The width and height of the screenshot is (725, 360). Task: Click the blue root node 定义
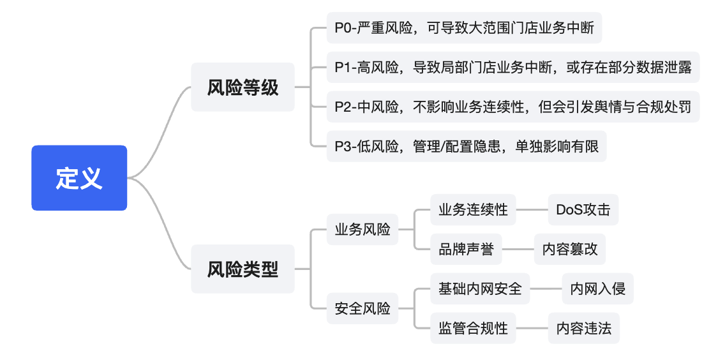pyautogui.click(x=79, y=178)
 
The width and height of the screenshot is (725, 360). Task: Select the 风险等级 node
pyautogui.click(x=243, y=87)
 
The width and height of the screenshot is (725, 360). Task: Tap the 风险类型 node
pyautogui.click(x=243, y=269)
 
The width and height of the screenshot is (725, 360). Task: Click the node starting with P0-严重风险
pyautogui.click(x=464, y=28)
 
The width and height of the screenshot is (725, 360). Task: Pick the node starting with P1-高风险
pyautogui.click(x=513, y=67)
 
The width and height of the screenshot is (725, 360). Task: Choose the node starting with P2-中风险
pyautogui.click(x=513, y=107)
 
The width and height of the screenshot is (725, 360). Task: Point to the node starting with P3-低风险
pyautogui.click(x=467, y=146)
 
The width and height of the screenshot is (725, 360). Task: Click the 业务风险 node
pyautogui.click(x=362, y=230)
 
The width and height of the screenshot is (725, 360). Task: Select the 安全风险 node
pyautogui.click(x=362, y=309)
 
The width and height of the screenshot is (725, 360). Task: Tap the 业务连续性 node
pyautogui.click(x=473, y=209)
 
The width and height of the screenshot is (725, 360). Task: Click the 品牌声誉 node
pyautogui.click(x=466, y=249)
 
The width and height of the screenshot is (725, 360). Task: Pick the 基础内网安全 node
pyautogui.click(x=480, y=289)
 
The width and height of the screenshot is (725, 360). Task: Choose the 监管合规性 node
pyautogui.click(x=473, y=328)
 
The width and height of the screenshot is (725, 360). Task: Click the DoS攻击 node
pyautogui.click(x=583, y=209)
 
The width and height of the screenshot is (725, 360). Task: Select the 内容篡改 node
pyautogui.click(x=570, y=249)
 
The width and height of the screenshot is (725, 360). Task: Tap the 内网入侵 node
pyautogui.click(x=597, y=289)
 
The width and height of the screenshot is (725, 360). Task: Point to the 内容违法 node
pyautogui.click(x=583, y=328)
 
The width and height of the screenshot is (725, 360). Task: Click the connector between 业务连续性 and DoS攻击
pyautogui.click(x=532, y=209)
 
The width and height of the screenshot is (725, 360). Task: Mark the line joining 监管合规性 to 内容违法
pyautogui.click(x=532, y=328)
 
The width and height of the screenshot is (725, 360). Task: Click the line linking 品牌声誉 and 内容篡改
pyautogui.click(x=518, y=249)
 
